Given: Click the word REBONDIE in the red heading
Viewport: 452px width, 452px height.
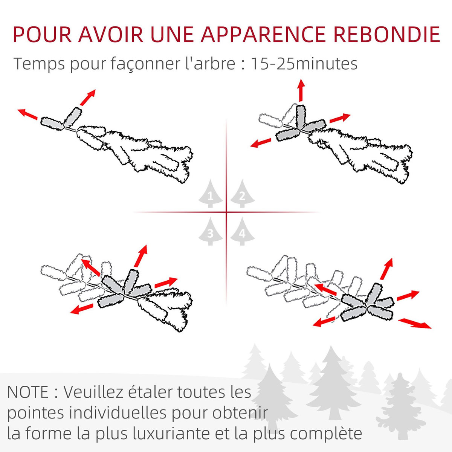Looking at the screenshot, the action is pos(386,35).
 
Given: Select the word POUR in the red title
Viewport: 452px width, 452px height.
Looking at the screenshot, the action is pos(42,35).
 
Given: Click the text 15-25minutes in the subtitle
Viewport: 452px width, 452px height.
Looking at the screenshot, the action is pos(304,64).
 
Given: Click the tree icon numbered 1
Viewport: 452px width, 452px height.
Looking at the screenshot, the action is pos(211,194).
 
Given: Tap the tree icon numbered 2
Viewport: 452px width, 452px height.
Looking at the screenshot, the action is pos(242,194).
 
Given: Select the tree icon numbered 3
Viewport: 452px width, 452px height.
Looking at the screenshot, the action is pos(211,232).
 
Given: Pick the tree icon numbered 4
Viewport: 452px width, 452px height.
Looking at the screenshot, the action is pos(242,232).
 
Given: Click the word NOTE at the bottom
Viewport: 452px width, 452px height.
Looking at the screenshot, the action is pos(28,392).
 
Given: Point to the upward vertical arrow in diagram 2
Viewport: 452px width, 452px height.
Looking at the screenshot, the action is pos(301,90).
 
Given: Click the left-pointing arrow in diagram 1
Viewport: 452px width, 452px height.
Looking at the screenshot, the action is pos(27,114).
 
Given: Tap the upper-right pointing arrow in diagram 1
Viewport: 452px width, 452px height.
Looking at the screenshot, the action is pos(88,97).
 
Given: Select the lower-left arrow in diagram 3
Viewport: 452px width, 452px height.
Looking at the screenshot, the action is pos(82,309).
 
